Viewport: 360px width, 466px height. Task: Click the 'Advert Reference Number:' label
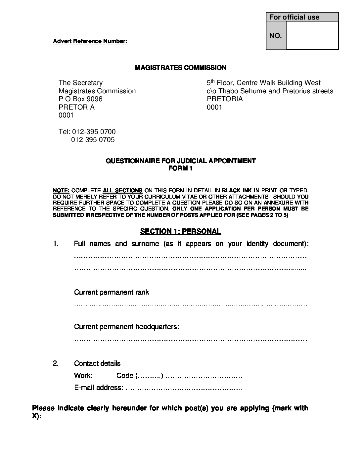tap(90, 41)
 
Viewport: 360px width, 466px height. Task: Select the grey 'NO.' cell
tap(276, 36)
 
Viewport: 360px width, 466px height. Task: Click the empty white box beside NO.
tap(312, 35)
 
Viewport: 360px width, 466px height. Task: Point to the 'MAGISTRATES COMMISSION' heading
tap(180, 68)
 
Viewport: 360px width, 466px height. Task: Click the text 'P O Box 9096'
tap(80, 99)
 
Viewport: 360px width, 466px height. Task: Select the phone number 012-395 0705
tap(93, 140)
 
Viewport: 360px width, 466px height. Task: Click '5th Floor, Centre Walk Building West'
tap(263, 83)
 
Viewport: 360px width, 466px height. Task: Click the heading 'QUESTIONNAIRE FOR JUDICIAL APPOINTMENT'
tap(180, 161)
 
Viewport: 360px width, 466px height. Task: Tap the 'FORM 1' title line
tap(180, 168)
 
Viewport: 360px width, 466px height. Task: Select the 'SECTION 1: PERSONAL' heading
tap(180, 231)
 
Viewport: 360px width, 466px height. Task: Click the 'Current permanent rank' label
tap(112, 292)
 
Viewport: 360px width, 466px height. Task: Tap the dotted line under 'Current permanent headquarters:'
tap(190, 340)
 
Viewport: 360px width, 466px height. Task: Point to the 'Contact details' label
tap(97, 363)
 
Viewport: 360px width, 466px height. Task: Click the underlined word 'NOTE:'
tap(61, 191)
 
